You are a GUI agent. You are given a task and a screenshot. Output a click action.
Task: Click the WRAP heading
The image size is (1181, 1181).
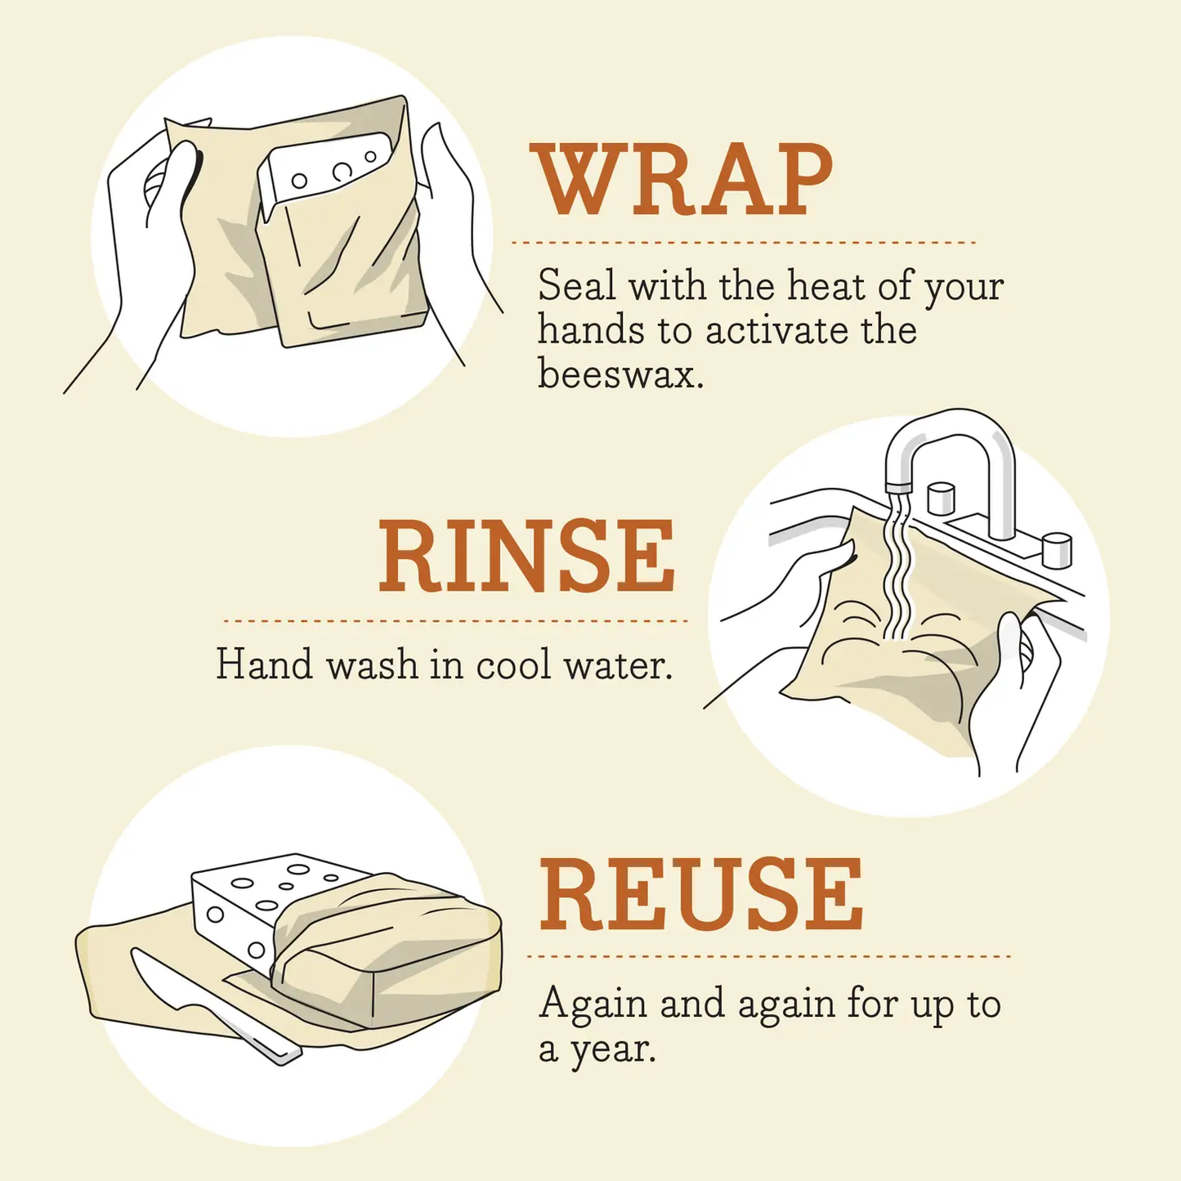pyautogui.click(x=681, y=181)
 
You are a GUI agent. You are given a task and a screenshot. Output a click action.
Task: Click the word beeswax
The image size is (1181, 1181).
pyautogui.click(x=620, y=374)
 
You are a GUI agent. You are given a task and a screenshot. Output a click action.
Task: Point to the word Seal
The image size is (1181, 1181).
pyautogui.click(x=576, y=286)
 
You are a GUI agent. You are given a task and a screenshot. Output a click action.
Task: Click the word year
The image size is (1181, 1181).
pyautogui.click(x=613, y=1049)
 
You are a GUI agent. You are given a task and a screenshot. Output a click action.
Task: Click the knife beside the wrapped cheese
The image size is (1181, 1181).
pyautogui.click(x=204, y=1005)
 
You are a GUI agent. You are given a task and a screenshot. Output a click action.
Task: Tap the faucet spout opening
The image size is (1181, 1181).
pyautogui.click(x=899, y=487)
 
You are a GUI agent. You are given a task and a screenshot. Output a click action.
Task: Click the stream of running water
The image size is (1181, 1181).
pyautogui.click(x=897, y=572)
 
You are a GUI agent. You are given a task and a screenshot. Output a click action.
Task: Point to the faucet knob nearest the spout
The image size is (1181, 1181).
pyautogui.click(x=942, y=499)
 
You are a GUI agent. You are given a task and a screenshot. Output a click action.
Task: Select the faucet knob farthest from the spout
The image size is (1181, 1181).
pyautogui.click(x=1056, y=549)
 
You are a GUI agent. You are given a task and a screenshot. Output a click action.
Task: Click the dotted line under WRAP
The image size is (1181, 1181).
pyautogui.click(x=743, y=243)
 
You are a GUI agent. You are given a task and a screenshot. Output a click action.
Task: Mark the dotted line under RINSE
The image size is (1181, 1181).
pyautogui.click(x=454, y=621)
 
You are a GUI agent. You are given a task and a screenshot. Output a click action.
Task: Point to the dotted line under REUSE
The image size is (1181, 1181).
pyautogui.click(x=768, y=955)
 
